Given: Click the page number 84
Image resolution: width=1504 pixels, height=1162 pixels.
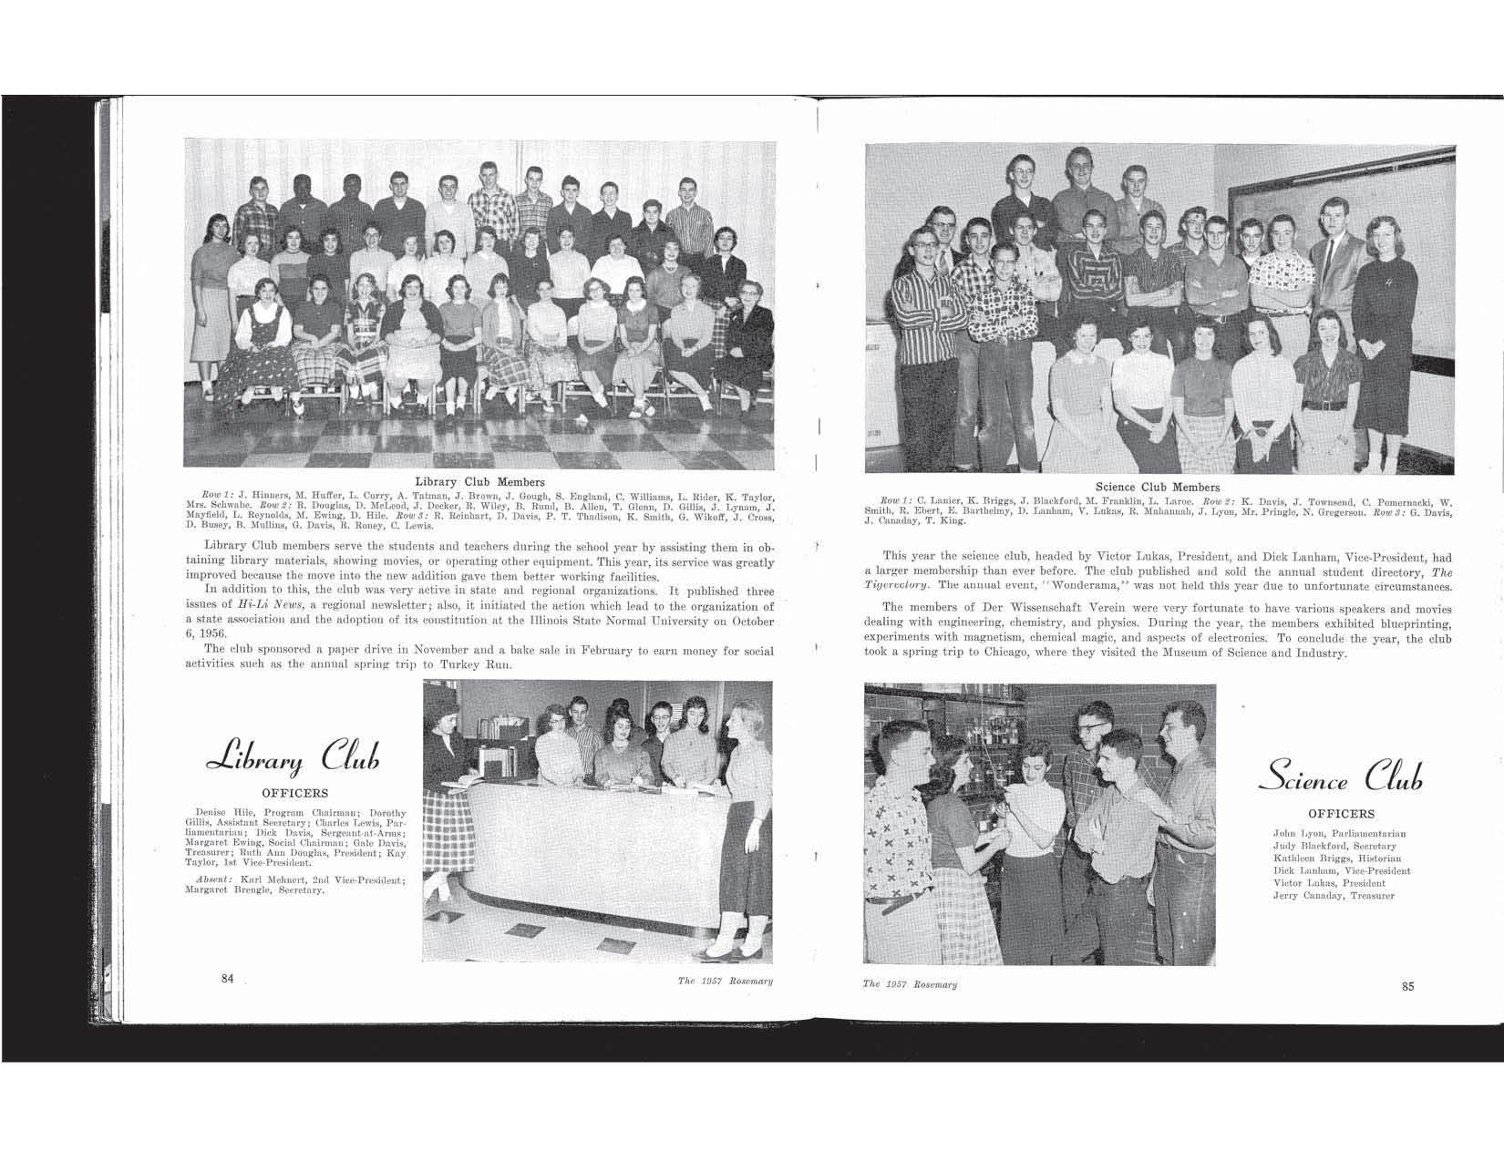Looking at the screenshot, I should [228, 978].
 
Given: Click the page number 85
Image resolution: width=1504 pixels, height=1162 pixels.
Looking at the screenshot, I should [1407, 985].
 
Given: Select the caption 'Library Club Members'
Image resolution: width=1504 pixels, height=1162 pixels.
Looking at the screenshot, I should [479, 482].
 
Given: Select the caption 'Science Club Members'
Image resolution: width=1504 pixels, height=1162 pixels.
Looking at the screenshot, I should [1157, 488].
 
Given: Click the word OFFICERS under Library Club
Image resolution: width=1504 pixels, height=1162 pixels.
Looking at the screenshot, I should [294, 793].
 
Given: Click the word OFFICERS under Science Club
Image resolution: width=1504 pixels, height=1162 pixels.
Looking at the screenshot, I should [1341, 814].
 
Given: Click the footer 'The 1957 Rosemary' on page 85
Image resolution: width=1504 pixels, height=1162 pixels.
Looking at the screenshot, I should [910, 984].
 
